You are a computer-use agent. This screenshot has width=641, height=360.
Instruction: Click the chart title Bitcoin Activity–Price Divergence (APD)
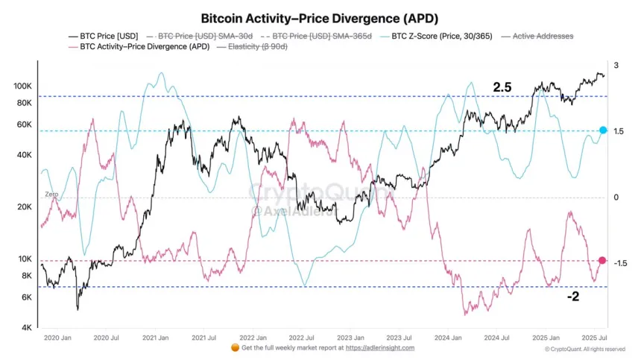pos(320,17)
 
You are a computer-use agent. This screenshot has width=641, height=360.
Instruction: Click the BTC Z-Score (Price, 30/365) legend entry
pos(436,36)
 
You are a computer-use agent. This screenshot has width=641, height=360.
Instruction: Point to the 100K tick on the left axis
pos(22,86)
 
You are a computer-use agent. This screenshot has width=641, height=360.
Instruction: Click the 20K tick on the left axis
pos(24,207)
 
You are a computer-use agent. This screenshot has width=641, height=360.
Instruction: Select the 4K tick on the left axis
pos(26,328)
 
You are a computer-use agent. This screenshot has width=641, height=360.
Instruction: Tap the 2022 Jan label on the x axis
pos(253,338)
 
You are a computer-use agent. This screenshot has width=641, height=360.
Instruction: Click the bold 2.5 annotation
pos(502,87)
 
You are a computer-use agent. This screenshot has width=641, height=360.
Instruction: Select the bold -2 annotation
pos(572,296)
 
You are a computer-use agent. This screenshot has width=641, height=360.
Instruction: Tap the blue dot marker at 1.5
pos(603,130)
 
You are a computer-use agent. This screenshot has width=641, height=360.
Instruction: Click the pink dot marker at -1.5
pos(602,260)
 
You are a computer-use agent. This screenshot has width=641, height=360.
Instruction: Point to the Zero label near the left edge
pos(51,194)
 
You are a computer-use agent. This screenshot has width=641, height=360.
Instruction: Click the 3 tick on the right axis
pos(616,66)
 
